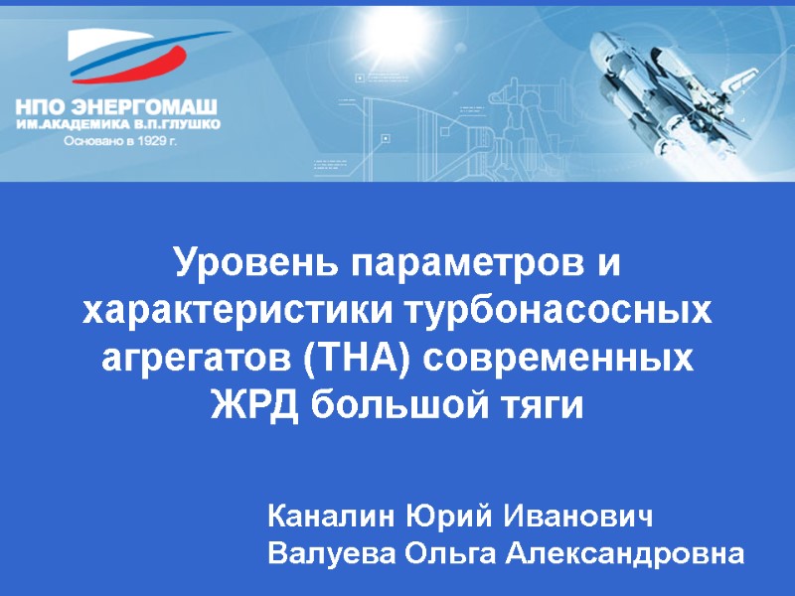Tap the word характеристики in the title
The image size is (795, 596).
pyautogui.click(x=238, y=311)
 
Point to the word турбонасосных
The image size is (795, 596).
pyautogui.click(x=557, y=311)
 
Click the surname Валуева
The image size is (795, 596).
pyautogui.click(x=328, y=552)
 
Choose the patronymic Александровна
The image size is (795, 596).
pyautogui.click(x=624, y=552)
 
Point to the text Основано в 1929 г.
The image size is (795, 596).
pyautogui.click(x=119, y=141)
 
